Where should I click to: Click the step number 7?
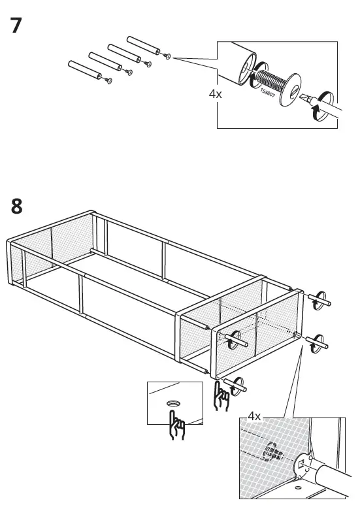[18, 27]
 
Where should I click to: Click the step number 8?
[18, 206]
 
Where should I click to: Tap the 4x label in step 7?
[216, 94]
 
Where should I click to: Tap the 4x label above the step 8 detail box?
[254, 416]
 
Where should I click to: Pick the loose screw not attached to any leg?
[168, 57]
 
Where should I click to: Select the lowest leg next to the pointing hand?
[236, 386]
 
